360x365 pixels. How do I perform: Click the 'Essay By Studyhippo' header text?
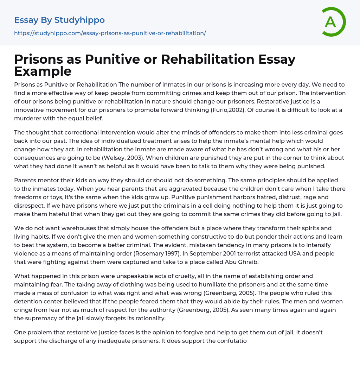(x=59, y=20)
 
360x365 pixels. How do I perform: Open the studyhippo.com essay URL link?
(x=110, y=33)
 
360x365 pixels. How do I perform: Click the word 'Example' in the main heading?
(x=43, y=71)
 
